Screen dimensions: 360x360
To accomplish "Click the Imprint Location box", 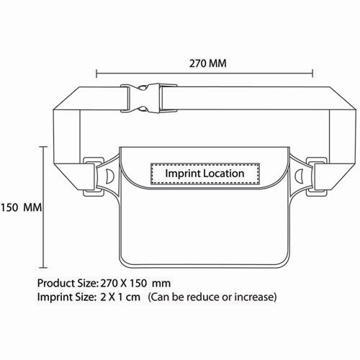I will pyautogui.click(x=205, y=174).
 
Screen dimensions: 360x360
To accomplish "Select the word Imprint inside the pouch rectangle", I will pyautogui.click(x=184, y=174).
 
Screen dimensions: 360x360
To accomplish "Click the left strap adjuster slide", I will pyautogui.click(x=93, y=177).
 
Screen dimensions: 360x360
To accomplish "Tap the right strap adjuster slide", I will pyautogui.click(x=314, y=177).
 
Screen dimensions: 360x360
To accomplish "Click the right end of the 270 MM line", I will pyautogui.click(x=313, y=72).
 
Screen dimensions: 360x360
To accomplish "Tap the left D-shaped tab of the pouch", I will pyautogui.click(x=109, y=177).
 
